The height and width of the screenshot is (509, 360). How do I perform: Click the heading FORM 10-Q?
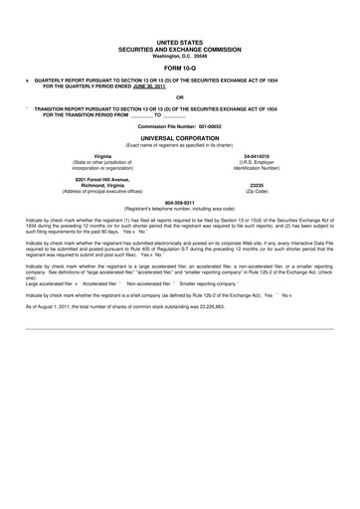[179, 69]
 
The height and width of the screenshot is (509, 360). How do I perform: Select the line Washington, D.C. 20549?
[179, 55]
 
